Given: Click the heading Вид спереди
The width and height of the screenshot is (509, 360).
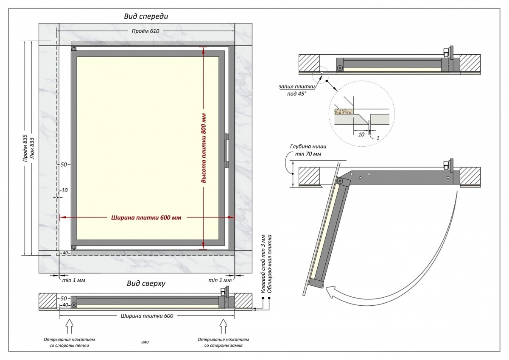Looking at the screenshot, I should pos(146,16).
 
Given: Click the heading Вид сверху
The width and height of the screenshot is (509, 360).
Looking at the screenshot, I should pos(146,283).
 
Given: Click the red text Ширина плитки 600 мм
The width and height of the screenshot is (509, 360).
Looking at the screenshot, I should pos(146,218).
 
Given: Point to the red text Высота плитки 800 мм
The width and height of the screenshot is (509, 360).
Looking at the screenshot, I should pos(204,148).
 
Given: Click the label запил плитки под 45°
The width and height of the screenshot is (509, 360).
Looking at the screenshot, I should pos(296,89).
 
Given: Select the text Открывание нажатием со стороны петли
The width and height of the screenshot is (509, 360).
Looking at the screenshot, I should pos(69,343).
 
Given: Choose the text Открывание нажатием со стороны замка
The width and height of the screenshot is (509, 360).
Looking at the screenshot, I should pos(223,343).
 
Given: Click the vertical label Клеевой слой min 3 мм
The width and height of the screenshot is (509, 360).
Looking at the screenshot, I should pos(263,263).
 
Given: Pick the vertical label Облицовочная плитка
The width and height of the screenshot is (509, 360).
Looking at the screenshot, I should pos(269,263).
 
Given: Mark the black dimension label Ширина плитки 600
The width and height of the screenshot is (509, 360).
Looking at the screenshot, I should pos(147,315).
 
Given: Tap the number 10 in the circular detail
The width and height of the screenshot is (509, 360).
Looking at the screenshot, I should pos(361,134).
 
